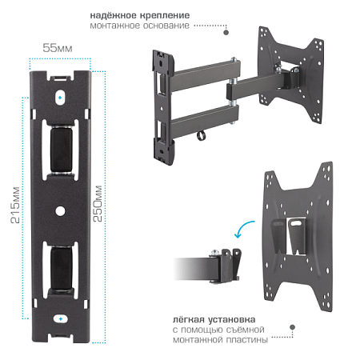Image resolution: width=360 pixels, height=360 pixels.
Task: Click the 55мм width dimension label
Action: pyautogui.click(x=58, y=48)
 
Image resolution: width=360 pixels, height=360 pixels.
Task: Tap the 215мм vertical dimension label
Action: pyautogui.click(x=15, y=205)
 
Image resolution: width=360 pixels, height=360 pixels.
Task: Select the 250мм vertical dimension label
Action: pyautogui.click(x=98, y=203)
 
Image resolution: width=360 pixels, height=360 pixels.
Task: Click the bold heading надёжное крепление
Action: pyautogui.click(x=140, y=15)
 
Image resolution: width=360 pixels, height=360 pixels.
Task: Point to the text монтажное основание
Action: pyautogui.click(x=140, y=26)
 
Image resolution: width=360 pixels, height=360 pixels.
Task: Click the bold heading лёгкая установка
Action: pyautogui.click(x=214, y=319)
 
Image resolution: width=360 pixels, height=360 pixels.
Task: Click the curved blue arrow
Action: pyautogui.click(x=243, y=227)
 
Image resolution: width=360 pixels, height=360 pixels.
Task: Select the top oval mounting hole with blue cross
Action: pyautogui.click(x=60, y=98)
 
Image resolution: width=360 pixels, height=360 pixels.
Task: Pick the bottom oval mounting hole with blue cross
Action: pyautogui.click(x=61, y=319)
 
